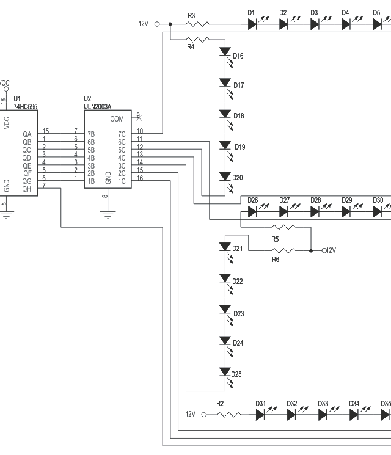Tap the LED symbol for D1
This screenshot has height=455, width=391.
[x=252, y=24]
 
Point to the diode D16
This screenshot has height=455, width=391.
[x=225, y=52]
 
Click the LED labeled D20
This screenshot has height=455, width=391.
[x=225, y=177]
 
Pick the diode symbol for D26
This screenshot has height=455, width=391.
[x=252, y=211]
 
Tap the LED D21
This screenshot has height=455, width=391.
[x=225, y=247]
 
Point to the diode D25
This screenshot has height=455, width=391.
[x=225, y=372]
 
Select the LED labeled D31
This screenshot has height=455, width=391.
[x=260, y=414]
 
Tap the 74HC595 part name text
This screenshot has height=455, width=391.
[x=26, y=106]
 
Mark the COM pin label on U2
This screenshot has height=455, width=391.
[x=117, y=119]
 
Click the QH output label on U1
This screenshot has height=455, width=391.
[x=26, y=189]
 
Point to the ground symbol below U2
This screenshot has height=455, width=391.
[x=108, y=214]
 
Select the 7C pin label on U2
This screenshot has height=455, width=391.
[x=122, y=134]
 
